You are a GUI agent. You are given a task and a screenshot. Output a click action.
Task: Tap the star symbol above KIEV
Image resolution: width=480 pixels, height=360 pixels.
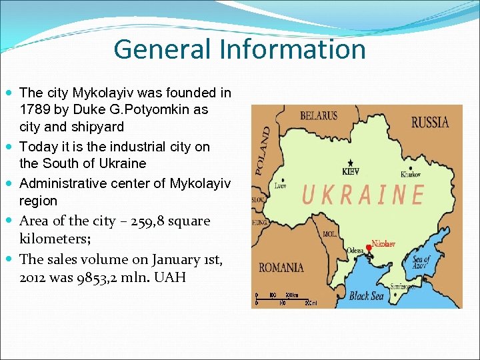351,162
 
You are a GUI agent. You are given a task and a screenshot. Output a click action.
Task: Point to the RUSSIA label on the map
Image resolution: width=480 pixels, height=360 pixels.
429,122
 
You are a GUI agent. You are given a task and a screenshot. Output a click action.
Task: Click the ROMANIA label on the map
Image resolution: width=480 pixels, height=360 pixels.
281,267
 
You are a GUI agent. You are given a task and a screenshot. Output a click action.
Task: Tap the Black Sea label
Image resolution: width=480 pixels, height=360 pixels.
367,296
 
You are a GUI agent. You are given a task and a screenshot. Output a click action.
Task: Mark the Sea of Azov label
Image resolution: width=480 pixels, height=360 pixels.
422,263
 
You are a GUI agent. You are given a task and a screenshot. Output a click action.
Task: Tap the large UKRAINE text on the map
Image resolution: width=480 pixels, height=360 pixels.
363,195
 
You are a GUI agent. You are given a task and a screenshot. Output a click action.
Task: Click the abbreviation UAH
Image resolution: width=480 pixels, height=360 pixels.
170,277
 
